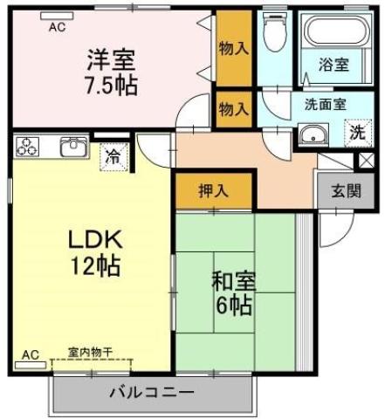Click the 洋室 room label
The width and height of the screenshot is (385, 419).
[112, 62]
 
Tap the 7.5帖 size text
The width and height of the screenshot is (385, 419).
[112, 86]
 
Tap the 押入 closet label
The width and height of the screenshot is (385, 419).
[214, 191]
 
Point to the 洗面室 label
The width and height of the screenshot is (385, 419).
[325, 103]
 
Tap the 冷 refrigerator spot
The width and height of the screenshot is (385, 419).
[113, 157]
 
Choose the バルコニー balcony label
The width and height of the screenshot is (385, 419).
[152, 392]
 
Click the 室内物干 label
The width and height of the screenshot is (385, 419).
[91, 352]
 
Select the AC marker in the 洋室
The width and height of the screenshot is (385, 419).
[57, 27]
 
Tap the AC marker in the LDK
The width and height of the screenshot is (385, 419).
[31, 354]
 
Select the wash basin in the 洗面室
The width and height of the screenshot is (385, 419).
[313, 135]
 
